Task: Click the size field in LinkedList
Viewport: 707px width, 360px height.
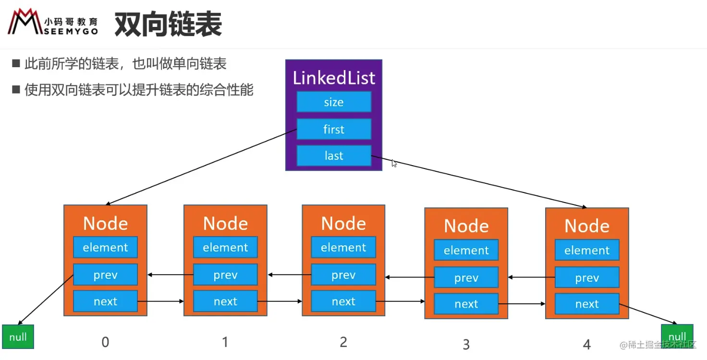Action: [x=334, y=102]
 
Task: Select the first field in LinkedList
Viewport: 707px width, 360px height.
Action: [x=334, y=129]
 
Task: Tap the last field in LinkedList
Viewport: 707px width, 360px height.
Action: [x=334, y=156]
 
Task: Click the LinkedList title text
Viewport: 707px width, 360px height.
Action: [x=334, y=78]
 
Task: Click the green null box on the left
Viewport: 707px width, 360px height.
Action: [x=18, y=336]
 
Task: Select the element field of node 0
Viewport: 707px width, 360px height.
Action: [x=105, y=247]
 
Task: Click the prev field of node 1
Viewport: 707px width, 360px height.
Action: [x=225, y=275]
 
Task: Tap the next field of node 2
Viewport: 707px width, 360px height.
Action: [x=343, y=301]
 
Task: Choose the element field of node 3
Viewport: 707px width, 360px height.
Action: [x=466, y=250]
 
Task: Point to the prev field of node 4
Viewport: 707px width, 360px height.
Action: [x=586, y=278]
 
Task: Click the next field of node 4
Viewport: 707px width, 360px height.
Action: [x=586, y=304]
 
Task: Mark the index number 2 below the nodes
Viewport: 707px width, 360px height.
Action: [x=343, y=342]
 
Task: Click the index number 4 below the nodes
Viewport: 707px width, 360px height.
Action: [x=586, y=344]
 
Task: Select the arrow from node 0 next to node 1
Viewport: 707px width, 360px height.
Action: [x=161, y=301]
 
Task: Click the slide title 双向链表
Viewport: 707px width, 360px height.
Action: [x=168, y=25]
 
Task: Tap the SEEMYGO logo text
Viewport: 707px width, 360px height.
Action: [x=71, y=31]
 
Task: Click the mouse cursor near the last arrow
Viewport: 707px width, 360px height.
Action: [x=394, y=163]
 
